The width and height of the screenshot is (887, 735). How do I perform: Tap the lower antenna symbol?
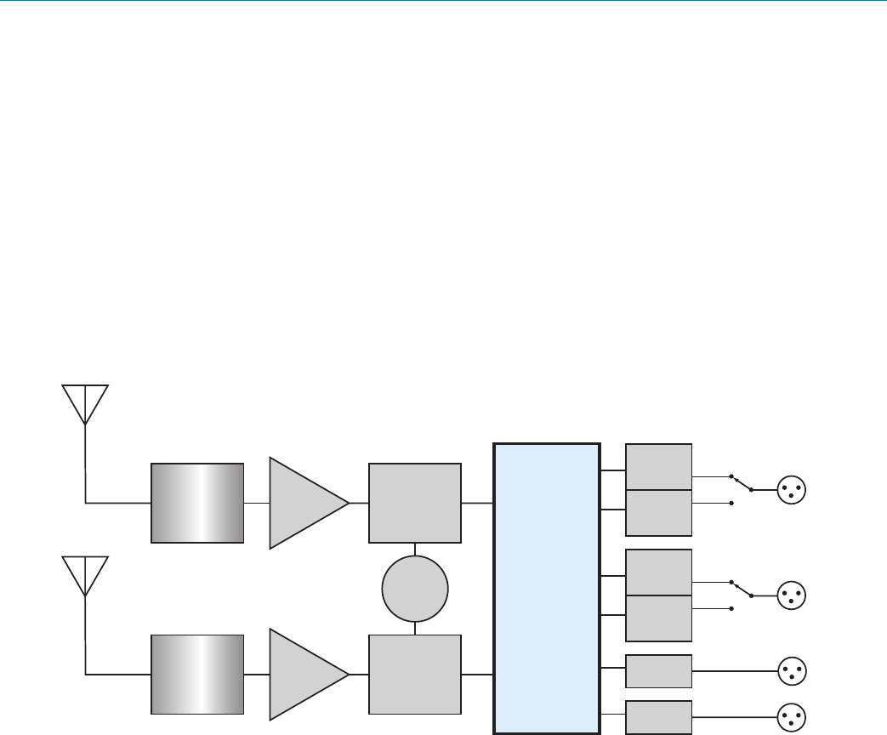85,575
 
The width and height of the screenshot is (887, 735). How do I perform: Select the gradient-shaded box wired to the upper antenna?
197,503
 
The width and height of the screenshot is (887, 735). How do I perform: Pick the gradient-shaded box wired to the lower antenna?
197,674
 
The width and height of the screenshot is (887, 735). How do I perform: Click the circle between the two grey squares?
414,589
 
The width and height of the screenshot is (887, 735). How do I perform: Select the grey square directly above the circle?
415,503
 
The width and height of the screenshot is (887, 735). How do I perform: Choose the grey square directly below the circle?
415,674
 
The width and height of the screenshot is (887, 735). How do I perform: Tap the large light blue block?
546,587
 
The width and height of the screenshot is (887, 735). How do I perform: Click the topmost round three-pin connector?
792,490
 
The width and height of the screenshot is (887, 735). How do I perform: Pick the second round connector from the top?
792,595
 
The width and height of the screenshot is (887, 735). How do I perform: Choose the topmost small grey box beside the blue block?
658,466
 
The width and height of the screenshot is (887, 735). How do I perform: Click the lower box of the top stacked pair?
658,512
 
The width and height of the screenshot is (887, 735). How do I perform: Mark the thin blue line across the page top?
443,2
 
